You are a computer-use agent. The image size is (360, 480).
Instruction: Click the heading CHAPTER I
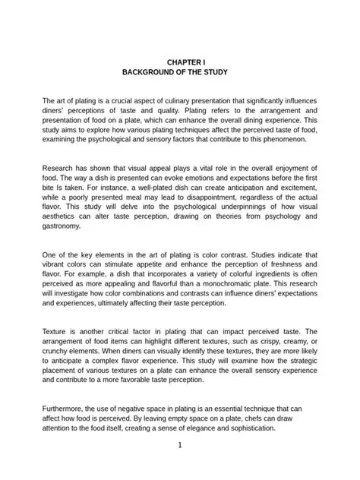point(180,61)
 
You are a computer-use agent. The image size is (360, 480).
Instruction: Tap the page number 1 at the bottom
point(180,445)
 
